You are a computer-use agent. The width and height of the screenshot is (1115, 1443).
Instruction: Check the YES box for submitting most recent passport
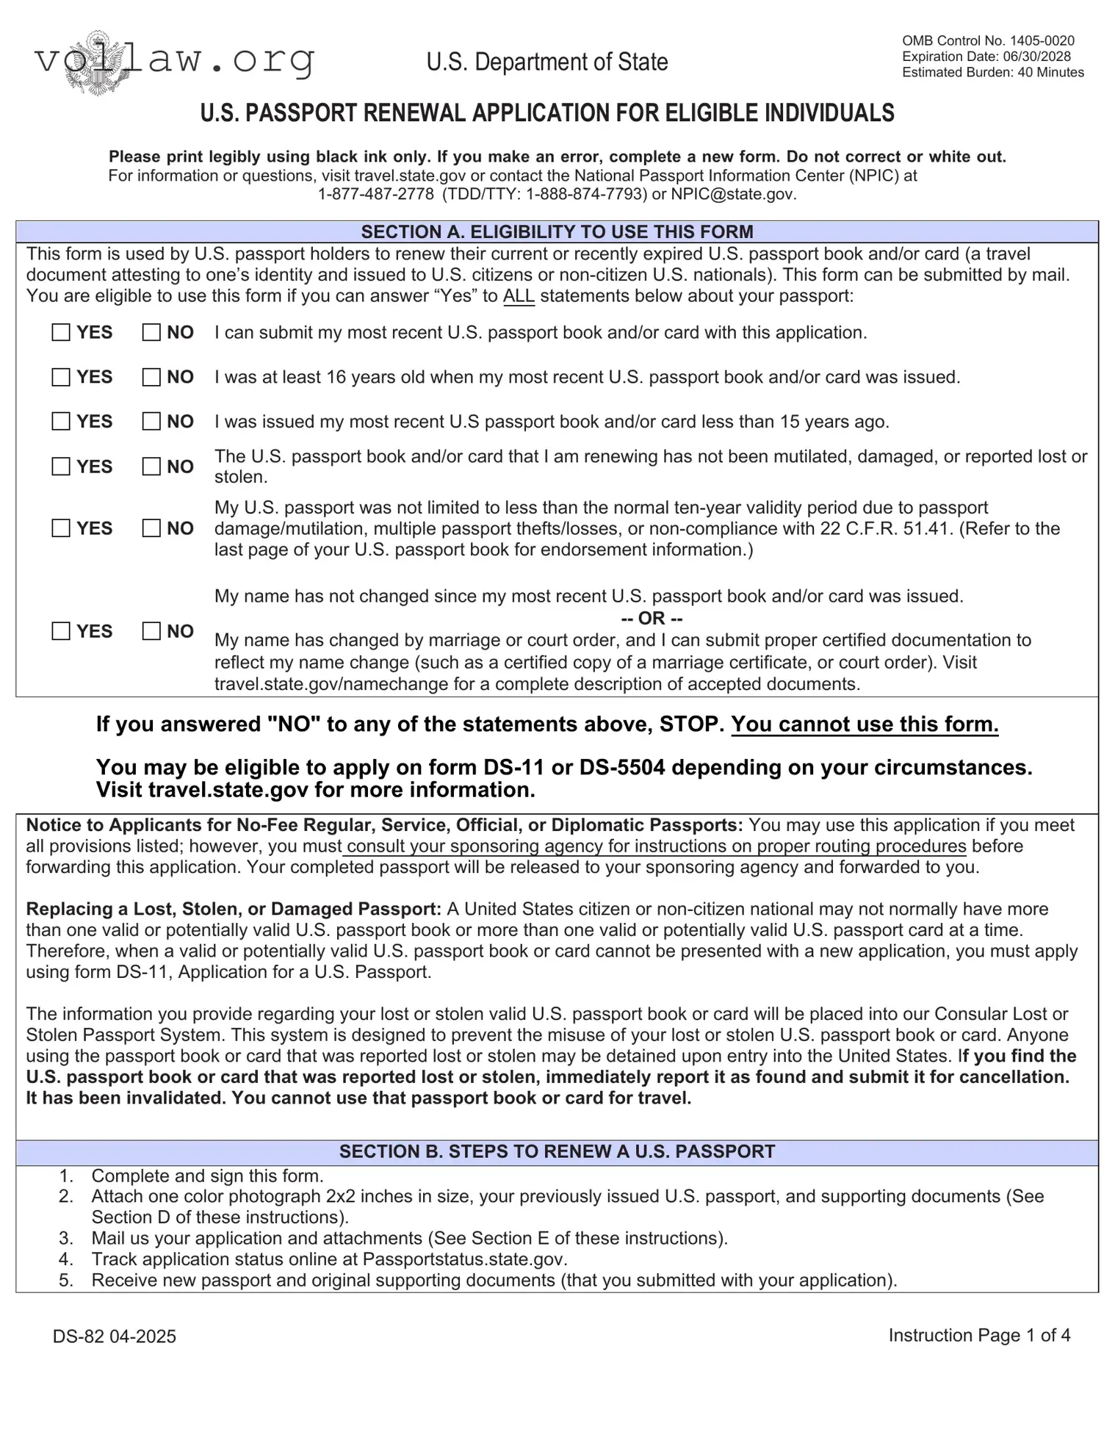click(x=61, y=333)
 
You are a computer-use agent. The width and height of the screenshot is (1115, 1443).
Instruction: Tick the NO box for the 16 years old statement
click(x=151, y=378)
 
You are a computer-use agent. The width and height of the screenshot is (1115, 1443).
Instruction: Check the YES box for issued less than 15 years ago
click(x=61, y=422)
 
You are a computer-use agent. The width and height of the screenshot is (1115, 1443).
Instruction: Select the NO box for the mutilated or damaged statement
click(x=151, y=467)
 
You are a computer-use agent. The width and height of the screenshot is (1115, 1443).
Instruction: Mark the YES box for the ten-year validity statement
click(x=61, y=528)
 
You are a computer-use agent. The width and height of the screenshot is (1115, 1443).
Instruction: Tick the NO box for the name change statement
click(x=151, y=631)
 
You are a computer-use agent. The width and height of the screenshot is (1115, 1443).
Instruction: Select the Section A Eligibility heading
click(x=557, y=232)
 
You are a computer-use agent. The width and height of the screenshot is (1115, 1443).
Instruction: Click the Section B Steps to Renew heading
click(x=557, y=1151)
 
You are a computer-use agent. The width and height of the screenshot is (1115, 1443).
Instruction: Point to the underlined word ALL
click(x=519, y=297)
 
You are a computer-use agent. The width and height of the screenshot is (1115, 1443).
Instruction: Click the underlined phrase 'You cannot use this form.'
click(x=865, y=724)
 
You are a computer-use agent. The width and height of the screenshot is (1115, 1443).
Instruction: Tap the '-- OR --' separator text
click(x=652, y=618)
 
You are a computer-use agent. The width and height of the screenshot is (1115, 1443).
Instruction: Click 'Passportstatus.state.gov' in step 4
click(x=464, y=1259)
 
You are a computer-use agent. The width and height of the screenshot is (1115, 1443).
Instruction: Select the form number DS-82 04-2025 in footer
click(x=115, y=1336)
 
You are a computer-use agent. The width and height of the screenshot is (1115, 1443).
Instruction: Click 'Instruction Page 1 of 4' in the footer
click(x=979, y=1335)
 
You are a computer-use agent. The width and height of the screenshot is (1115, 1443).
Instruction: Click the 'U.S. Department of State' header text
click(x=547, y=62)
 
